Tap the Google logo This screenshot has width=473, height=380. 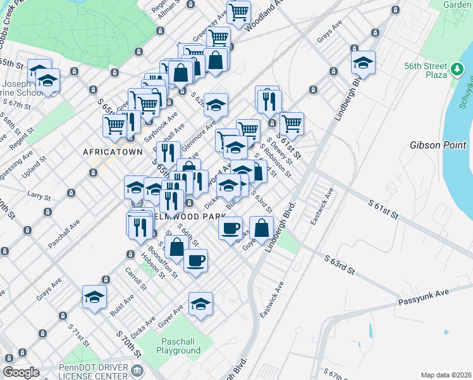(21, 372)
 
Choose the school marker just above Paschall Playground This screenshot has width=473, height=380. (201, 303)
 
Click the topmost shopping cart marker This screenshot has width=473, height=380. (239, 11)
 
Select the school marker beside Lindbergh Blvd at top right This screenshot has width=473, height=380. (363, 62)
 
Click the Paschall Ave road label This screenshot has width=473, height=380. (64, 232)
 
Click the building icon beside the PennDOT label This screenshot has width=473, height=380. (137, 369)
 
